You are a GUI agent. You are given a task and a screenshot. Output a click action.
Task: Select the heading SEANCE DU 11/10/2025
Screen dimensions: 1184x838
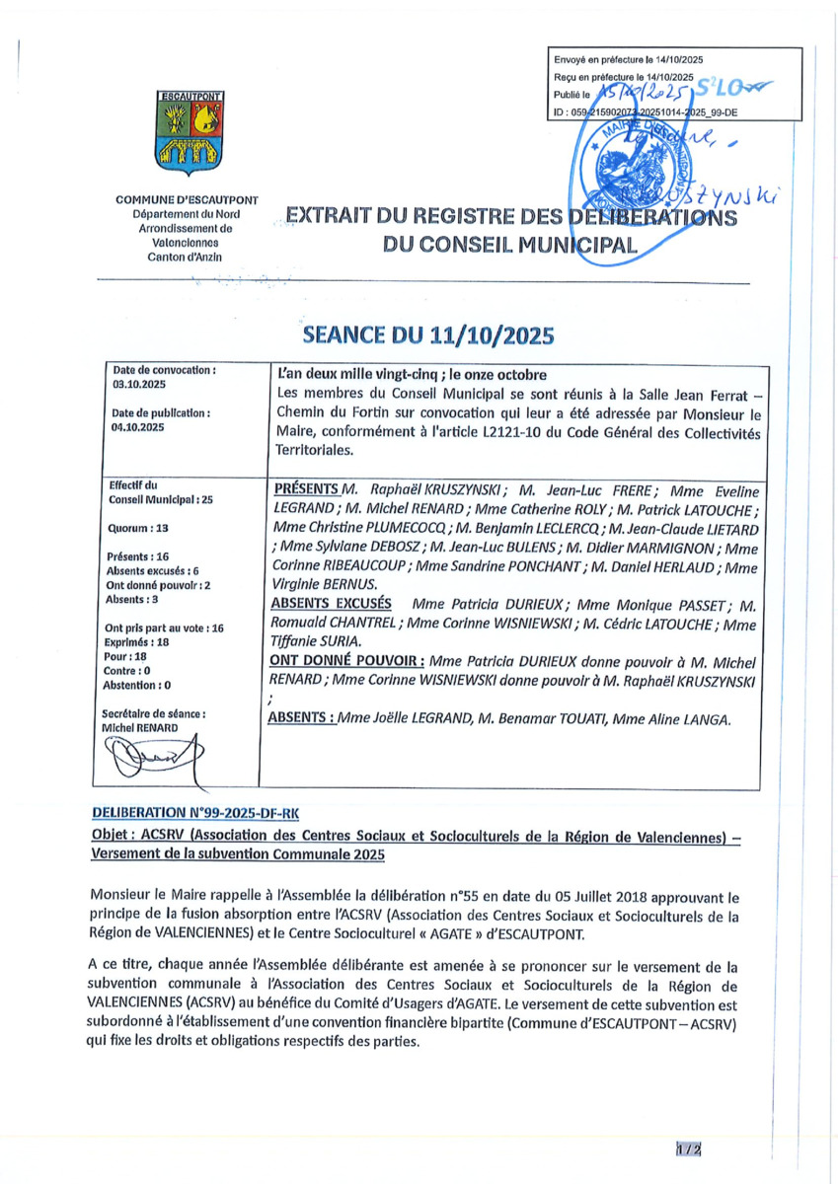click(428, 334)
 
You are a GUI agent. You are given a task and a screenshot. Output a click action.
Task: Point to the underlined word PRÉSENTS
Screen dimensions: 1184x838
click(304, 489)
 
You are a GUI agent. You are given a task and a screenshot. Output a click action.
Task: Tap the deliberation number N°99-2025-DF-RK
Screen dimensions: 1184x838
click(194, 812)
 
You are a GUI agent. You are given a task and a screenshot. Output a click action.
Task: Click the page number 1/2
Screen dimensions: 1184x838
click(688, 1148)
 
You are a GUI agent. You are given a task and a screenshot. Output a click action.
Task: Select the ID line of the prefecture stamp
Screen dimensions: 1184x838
click(647, 112)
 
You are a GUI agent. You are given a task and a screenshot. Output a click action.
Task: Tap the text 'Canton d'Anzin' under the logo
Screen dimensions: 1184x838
click(187, 258)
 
